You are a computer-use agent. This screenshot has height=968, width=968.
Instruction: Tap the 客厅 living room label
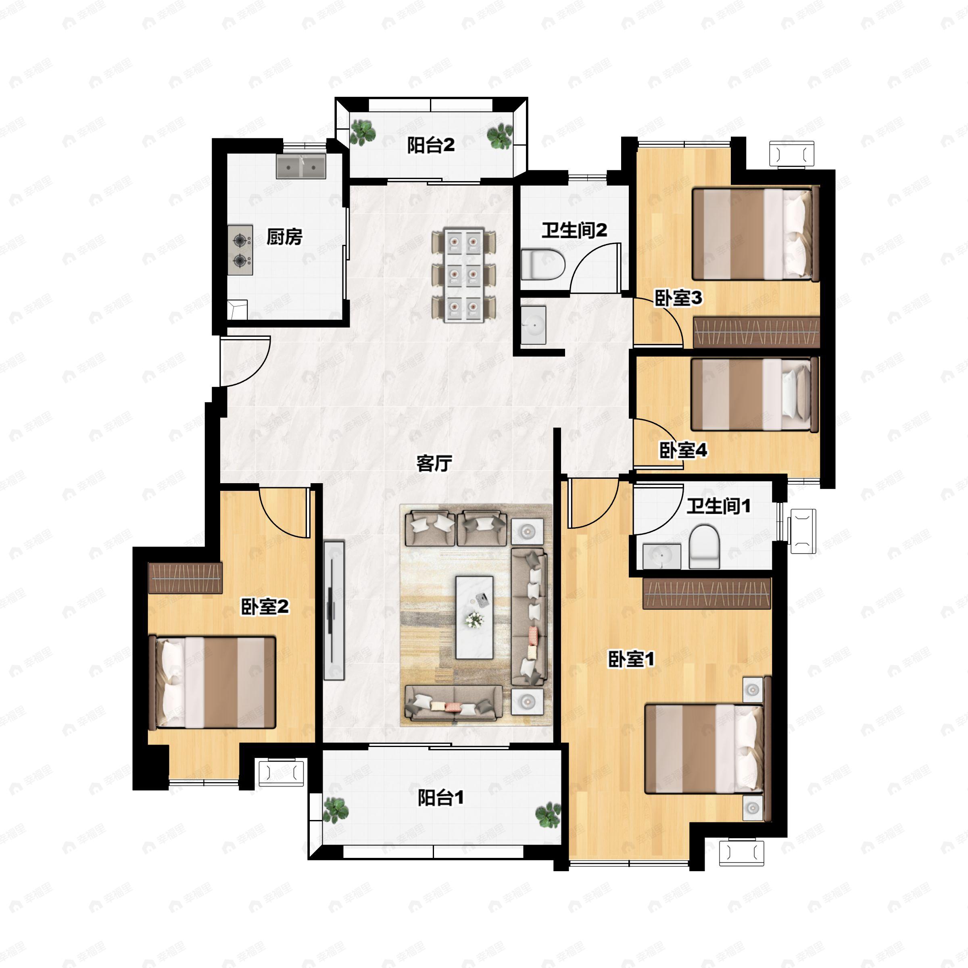[x=434, y=463]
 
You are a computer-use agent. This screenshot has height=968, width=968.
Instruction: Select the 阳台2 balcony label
[x=431, y=145]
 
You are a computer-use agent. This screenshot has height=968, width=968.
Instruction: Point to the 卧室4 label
[x=683, y=451]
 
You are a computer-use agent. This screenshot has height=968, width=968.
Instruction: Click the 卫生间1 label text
[x=718, y=506]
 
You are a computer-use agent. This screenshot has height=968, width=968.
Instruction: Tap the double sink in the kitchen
[x=301, y=166]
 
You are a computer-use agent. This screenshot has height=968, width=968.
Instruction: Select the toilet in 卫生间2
[x=544, y=264]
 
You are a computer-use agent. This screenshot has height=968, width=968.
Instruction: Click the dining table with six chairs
[x=464, y=274]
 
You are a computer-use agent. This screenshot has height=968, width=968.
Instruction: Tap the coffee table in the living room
[x=474, y=617]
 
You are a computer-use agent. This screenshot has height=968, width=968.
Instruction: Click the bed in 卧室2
[x=213, y=682]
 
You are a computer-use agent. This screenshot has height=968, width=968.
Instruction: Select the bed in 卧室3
[x=755, y=234]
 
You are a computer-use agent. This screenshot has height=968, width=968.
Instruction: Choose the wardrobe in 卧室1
[x=707, y=594]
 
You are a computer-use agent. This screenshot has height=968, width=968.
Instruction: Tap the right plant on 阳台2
[x=500, y=136]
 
